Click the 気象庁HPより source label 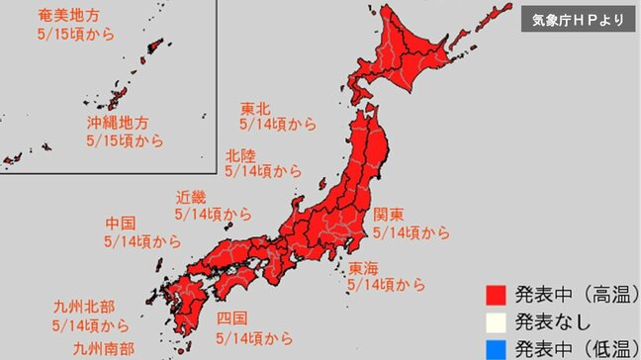578,19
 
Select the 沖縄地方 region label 118,124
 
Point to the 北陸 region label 240,154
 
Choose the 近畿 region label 192,196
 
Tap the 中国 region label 120,223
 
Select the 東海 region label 363,267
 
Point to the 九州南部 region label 104,349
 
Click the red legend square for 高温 496,295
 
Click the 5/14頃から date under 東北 278,126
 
